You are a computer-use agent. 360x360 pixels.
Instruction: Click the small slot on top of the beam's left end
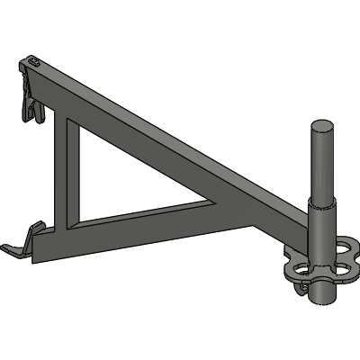pos(34,62)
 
